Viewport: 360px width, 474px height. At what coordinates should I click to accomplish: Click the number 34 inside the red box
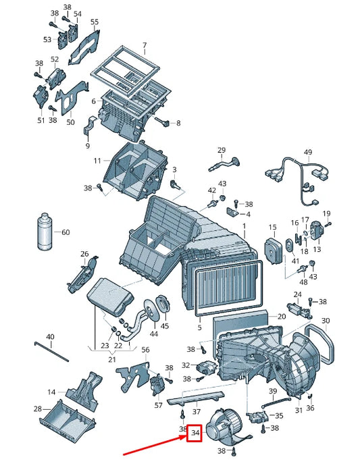pos(195,433)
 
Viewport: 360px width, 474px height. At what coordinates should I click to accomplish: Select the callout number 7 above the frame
pos(145,45)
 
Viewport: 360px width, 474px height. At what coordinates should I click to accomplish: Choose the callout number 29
pos(222,150)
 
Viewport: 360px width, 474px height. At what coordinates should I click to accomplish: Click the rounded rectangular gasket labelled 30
pos(319,343)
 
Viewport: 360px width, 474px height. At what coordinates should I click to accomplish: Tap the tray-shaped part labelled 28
pos(67,419)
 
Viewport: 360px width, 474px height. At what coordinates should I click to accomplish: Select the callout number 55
pos(95,22)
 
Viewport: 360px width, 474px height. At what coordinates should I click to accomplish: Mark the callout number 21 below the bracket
pos(112,359)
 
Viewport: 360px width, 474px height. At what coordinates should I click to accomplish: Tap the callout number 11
pos(97,161)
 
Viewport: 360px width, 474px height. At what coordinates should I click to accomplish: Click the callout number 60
pos(66,232)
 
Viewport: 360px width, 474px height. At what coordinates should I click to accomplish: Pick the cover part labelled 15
pos(274,251)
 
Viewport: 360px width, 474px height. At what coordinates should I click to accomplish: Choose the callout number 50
pos(70,122)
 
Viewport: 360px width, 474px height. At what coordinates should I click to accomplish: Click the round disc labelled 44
pos(152,310)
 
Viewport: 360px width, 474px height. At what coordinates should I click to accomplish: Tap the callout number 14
pos(51,392)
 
